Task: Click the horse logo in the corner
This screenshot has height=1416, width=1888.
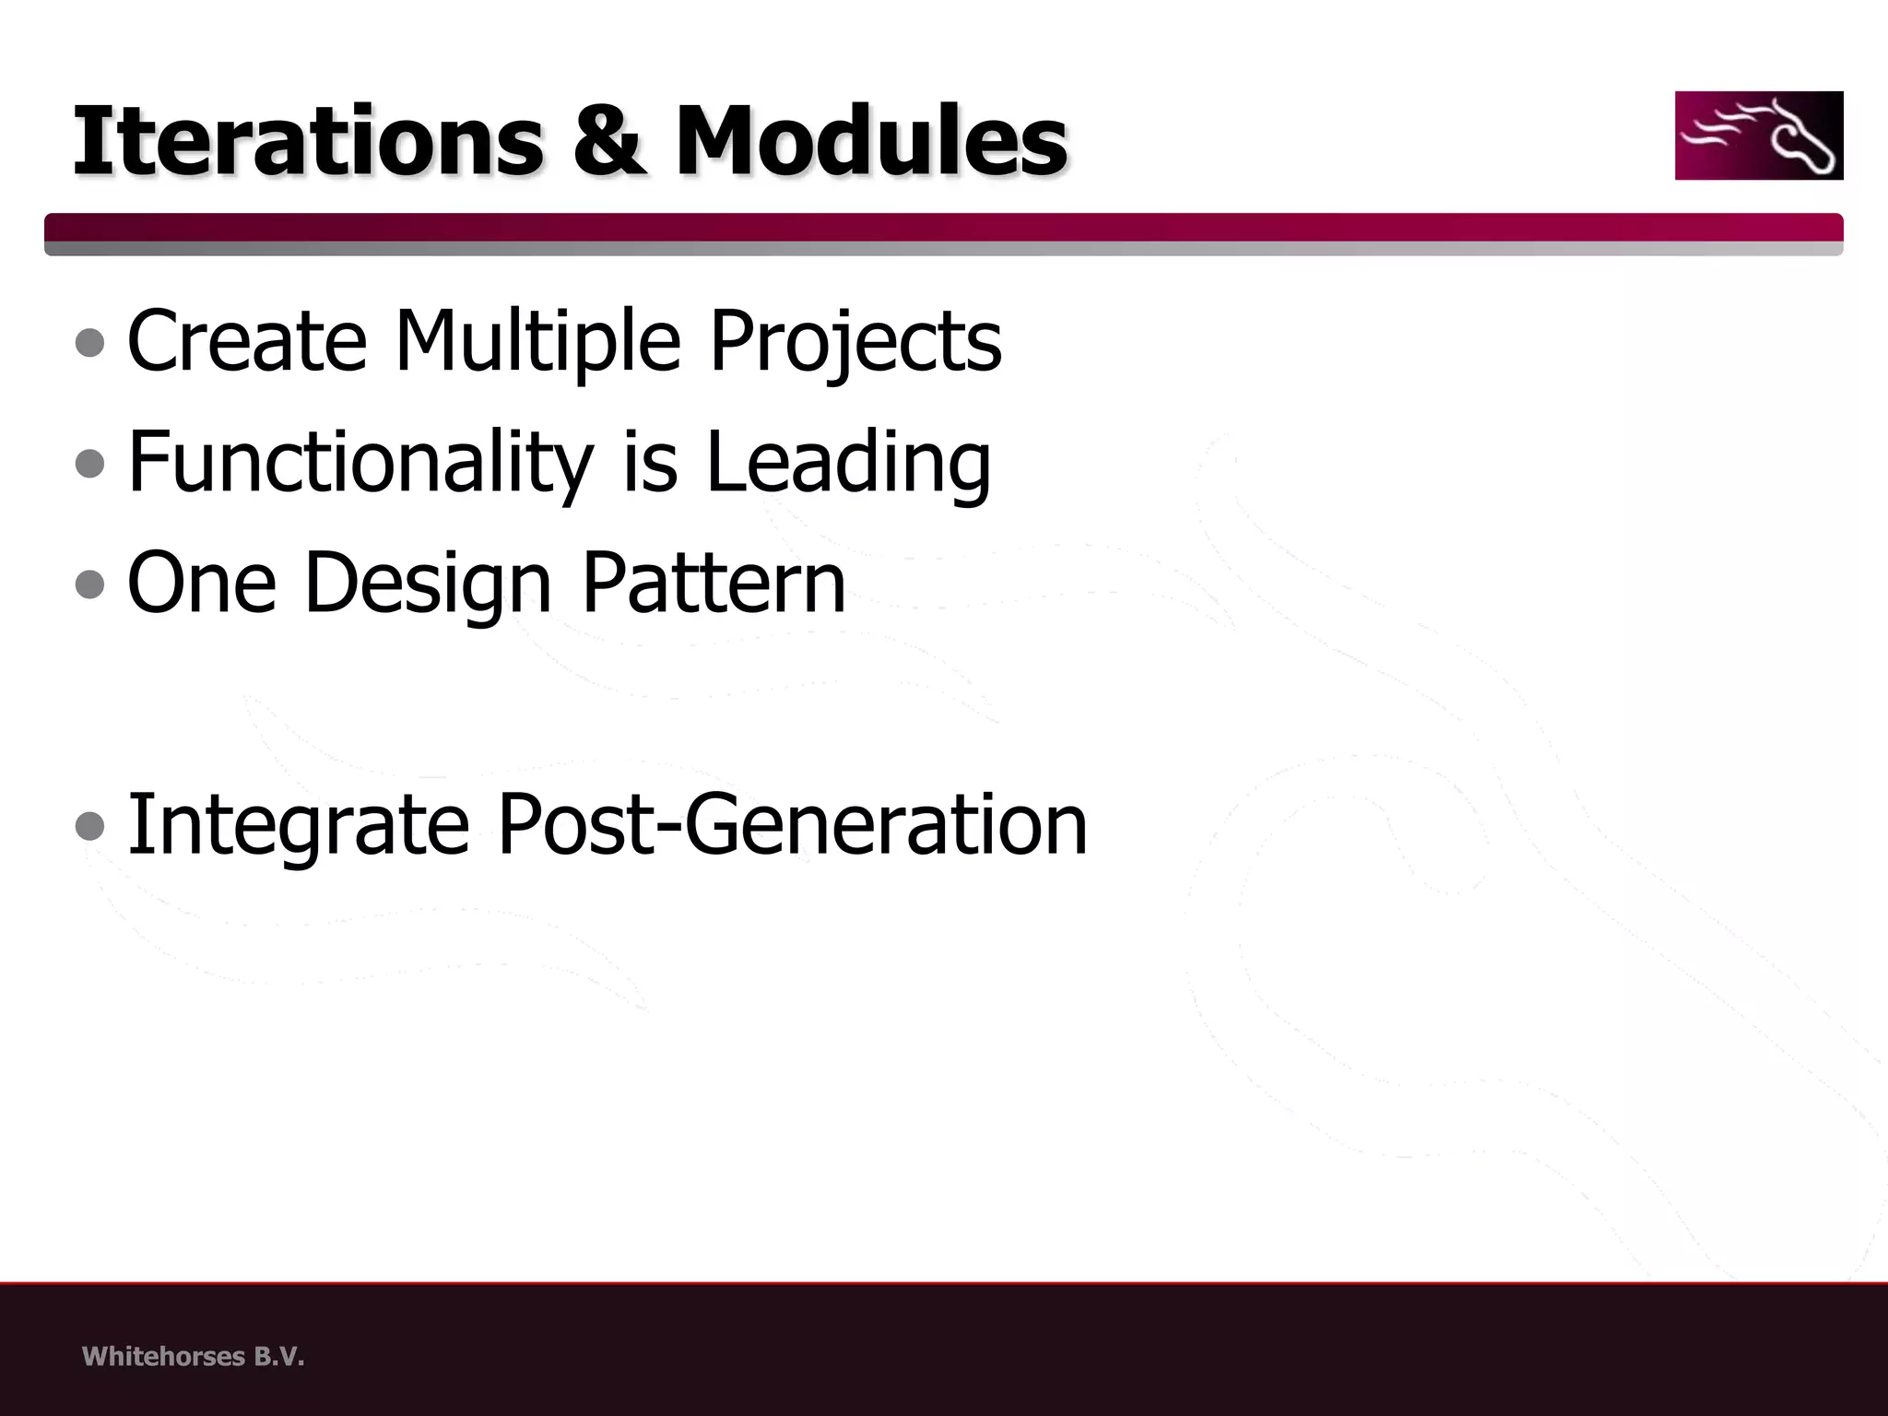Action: pos(1758,136)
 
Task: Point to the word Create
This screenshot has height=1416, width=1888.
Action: pos(247,341)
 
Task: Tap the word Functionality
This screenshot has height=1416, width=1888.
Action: pos(360,463)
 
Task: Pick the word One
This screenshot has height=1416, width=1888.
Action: pos(202,583)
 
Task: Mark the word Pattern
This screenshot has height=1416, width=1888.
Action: pos(714,583)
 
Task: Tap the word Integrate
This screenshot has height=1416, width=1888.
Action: pos(298,825)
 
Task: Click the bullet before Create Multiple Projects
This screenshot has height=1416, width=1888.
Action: pos(90,343)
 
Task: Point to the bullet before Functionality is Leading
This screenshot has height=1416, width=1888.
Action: pos(90,464)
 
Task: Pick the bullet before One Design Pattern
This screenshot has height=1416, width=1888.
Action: pos(90,584)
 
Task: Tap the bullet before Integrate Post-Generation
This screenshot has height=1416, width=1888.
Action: pos(90,826)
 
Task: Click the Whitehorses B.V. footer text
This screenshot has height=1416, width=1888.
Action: pos(193,1356)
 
